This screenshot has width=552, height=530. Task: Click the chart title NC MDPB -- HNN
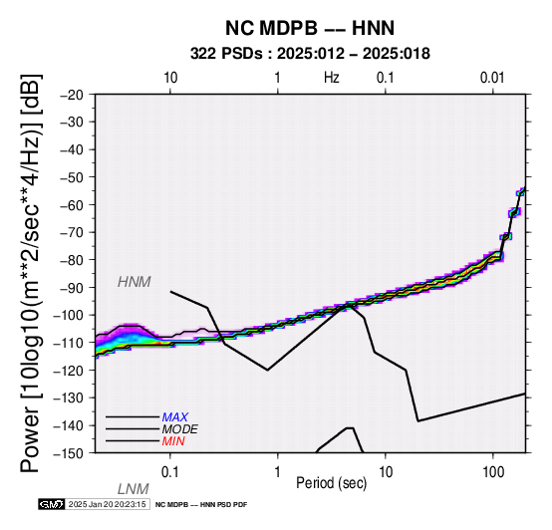(310, 28)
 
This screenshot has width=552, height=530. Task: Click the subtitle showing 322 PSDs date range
(310, 54)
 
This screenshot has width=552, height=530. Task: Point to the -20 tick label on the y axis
(72, 95)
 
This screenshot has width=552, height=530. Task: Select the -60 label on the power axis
(72, 205)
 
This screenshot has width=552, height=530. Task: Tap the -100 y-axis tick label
(68, 315)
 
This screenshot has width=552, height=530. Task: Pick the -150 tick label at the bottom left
(68, 453)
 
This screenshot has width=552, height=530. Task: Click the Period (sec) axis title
(331, 483)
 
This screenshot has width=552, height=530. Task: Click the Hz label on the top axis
(331, 78)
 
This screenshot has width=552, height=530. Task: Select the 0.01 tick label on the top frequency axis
(492, 78)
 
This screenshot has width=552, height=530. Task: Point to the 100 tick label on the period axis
(493, 472)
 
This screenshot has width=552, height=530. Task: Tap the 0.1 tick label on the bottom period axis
(169, 472)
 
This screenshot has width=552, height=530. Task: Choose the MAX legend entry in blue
(175, 417)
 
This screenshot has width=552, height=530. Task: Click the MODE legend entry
(180, 429)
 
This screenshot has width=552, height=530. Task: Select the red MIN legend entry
(173, 441)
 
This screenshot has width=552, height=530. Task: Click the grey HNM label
(135, 282)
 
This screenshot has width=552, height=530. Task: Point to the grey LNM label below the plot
(134, 489)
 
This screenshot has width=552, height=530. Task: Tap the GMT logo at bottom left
(52, 504)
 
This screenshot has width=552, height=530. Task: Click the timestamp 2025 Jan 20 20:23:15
(107, 504)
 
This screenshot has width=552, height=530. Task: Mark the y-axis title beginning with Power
(31, 274)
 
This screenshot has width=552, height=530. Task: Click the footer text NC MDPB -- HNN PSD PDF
(201, 505)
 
